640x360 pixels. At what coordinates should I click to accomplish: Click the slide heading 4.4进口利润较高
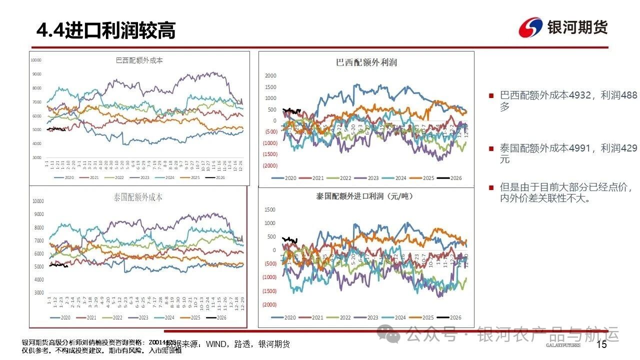click(106, 30)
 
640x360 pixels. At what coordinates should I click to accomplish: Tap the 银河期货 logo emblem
click(531, 27)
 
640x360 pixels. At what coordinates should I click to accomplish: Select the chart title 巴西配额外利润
click(366, 62)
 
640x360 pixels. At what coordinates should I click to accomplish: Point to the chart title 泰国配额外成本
click(138, 197)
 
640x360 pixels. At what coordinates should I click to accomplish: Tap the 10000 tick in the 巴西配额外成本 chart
click(35, 60)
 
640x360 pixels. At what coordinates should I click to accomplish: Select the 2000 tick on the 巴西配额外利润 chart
click(270, 76)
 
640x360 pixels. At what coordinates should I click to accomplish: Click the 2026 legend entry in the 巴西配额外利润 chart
click(448, 178)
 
